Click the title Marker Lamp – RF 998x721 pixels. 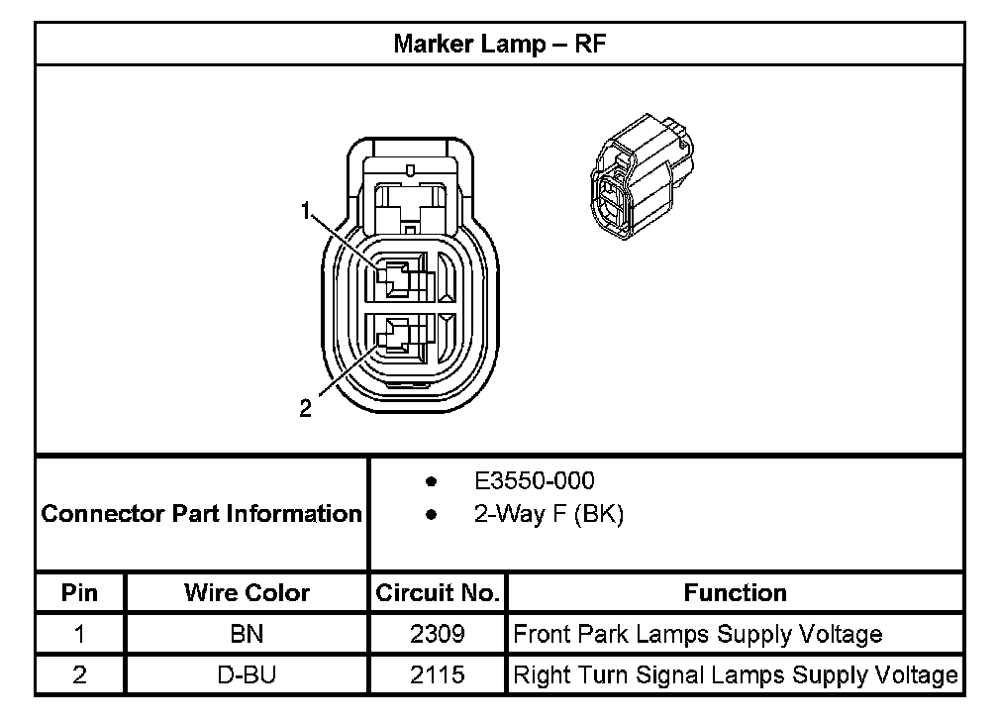pos(499,44)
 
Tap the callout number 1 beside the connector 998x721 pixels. pos(306,209)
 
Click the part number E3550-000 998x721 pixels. pos(535,481)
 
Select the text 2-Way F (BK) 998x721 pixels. pos(549,515)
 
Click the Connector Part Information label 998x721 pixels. pos(201,514)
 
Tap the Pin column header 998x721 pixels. pos(80,593)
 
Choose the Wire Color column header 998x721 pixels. pos(247,593)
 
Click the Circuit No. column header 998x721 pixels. pos(437,593)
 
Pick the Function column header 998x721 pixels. pos(735,593)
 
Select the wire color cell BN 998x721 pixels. pos(247,634)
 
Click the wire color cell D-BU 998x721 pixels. pos(247,675)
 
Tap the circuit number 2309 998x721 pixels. pos(437,634)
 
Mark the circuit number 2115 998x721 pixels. pos(437,675)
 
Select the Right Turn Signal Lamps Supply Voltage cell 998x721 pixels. pos(735,675)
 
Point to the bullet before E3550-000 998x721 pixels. pos(431,482)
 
